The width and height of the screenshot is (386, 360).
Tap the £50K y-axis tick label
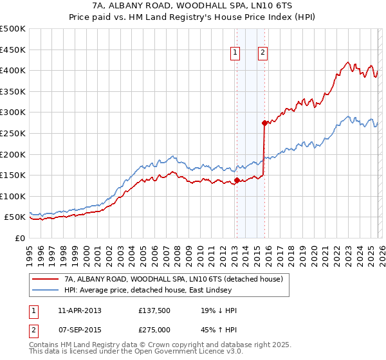(x=15, y=217)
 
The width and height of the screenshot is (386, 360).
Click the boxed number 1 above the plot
(x=235, y=53)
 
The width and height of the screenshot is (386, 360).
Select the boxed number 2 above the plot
(x=263, y=53)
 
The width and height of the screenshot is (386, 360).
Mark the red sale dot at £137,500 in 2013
(x=237, y=181)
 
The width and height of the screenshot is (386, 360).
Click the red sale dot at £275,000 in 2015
(x=264, y=123)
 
